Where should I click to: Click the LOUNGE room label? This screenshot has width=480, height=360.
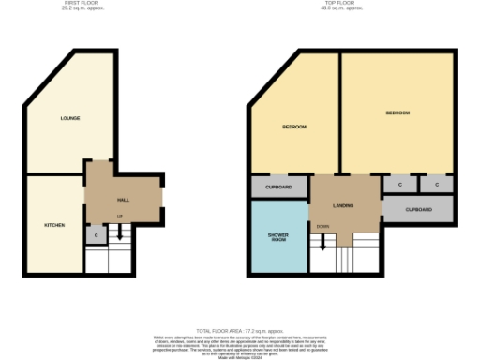[x=69, y=118]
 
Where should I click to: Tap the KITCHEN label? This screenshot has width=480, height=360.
[x=54, y=225]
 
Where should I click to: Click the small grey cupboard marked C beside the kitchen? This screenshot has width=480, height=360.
[x=97, y=234]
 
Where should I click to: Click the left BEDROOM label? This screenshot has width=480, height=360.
[x=294, y=127]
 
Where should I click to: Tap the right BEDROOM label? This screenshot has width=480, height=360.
[x=397, y=112]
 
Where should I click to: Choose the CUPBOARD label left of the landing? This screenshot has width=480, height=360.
[x=278, y=187]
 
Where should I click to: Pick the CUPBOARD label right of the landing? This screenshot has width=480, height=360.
[x=419, y=209]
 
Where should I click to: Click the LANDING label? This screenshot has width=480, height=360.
[x=343, y=203]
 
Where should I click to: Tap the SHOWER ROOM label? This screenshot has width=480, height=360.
[x=278, y=236]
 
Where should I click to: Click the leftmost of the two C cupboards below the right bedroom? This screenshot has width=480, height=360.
[x=400, y=185]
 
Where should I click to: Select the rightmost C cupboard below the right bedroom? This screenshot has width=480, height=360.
[x=437, y=185]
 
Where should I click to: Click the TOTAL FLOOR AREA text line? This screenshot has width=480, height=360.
[x=239, y=331]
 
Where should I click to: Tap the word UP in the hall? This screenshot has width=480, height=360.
[x=119, y=217]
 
